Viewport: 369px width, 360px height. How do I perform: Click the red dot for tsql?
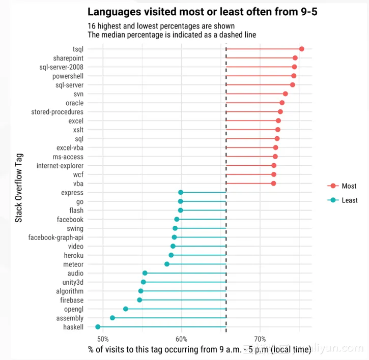(302, 49)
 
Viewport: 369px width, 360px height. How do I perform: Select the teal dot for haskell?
(98, 327)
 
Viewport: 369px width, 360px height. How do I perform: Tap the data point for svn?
(286, 94)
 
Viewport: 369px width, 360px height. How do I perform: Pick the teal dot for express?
(181, 192)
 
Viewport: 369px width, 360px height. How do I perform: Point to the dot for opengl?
(126, 309)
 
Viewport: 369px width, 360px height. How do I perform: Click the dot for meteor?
(167, 264)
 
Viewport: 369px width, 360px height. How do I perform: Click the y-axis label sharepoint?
(68, 58)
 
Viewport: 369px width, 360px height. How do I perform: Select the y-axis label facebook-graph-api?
(56, 237)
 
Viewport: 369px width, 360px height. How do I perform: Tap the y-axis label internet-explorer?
(60, 166)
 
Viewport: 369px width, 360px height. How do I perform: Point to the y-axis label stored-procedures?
(58, 112)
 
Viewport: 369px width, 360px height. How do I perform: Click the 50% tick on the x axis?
(103, 339)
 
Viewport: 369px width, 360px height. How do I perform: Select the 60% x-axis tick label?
(181, 339)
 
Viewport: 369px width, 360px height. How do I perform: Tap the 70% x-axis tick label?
(260, 339)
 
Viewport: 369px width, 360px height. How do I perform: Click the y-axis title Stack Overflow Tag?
(19, 188)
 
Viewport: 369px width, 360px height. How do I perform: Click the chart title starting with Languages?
(203, 12)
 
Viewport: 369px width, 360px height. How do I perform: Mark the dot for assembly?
(112, 318)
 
